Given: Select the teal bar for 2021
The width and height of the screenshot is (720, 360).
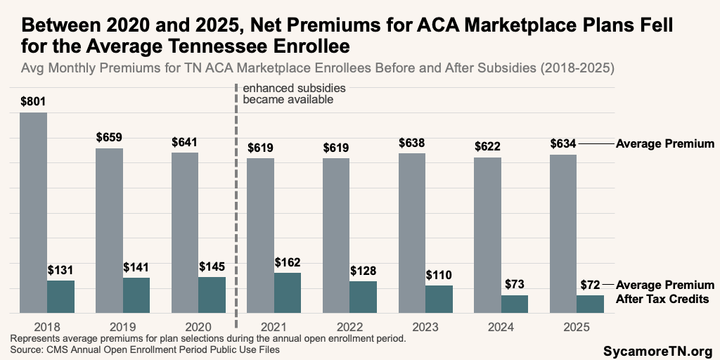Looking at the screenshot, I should [x=288, y=292].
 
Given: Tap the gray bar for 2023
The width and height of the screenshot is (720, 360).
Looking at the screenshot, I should [x=412, y=233].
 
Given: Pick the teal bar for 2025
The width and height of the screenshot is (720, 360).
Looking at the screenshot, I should [x=591, y=304].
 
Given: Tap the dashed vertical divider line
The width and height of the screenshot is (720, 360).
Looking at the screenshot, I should [x=236, y=211].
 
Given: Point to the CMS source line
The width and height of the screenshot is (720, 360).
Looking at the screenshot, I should [x=145, y=349].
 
